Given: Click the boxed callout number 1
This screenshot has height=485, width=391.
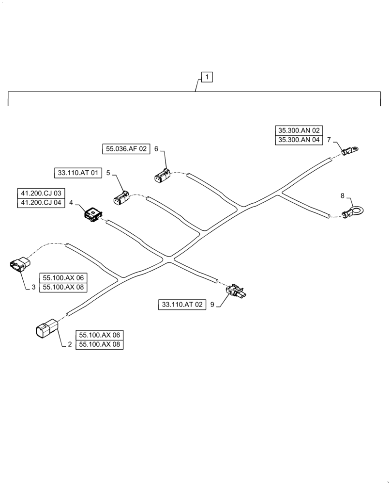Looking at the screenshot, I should (207, 77).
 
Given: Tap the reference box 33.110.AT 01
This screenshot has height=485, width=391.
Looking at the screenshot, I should (78, 173).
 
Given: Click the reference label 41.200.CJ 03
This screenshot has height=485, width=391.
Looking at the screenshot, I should (41, 194).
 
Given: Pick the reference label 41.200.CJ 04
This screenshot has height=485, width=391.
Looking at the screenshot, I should (41, 203).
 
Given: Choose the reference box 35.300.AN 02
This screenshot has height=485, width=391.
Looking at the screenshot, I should (299, 130).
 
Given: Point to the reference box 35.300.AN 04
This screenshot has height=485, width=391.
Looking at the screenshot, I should (299, 140).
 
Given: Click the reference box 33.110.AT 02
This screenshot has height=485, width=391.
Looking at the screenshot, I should (181, 305).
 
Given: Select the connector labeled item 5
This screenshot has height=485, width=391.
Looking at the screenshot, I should (121, 198).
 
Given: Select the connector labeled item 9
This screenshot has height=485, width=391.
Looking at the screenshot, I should (236, 291).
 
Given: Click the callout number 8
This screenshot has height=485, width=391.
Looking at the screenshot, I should (343, 196).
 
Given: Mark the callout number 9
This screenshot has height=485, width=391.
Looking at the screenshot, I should (211, 305).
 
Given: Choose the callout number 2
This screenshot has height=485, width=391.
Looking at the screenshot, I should (70, 345).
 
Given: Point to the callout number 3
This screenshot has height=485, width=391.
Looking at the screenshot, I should (33, 287).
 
